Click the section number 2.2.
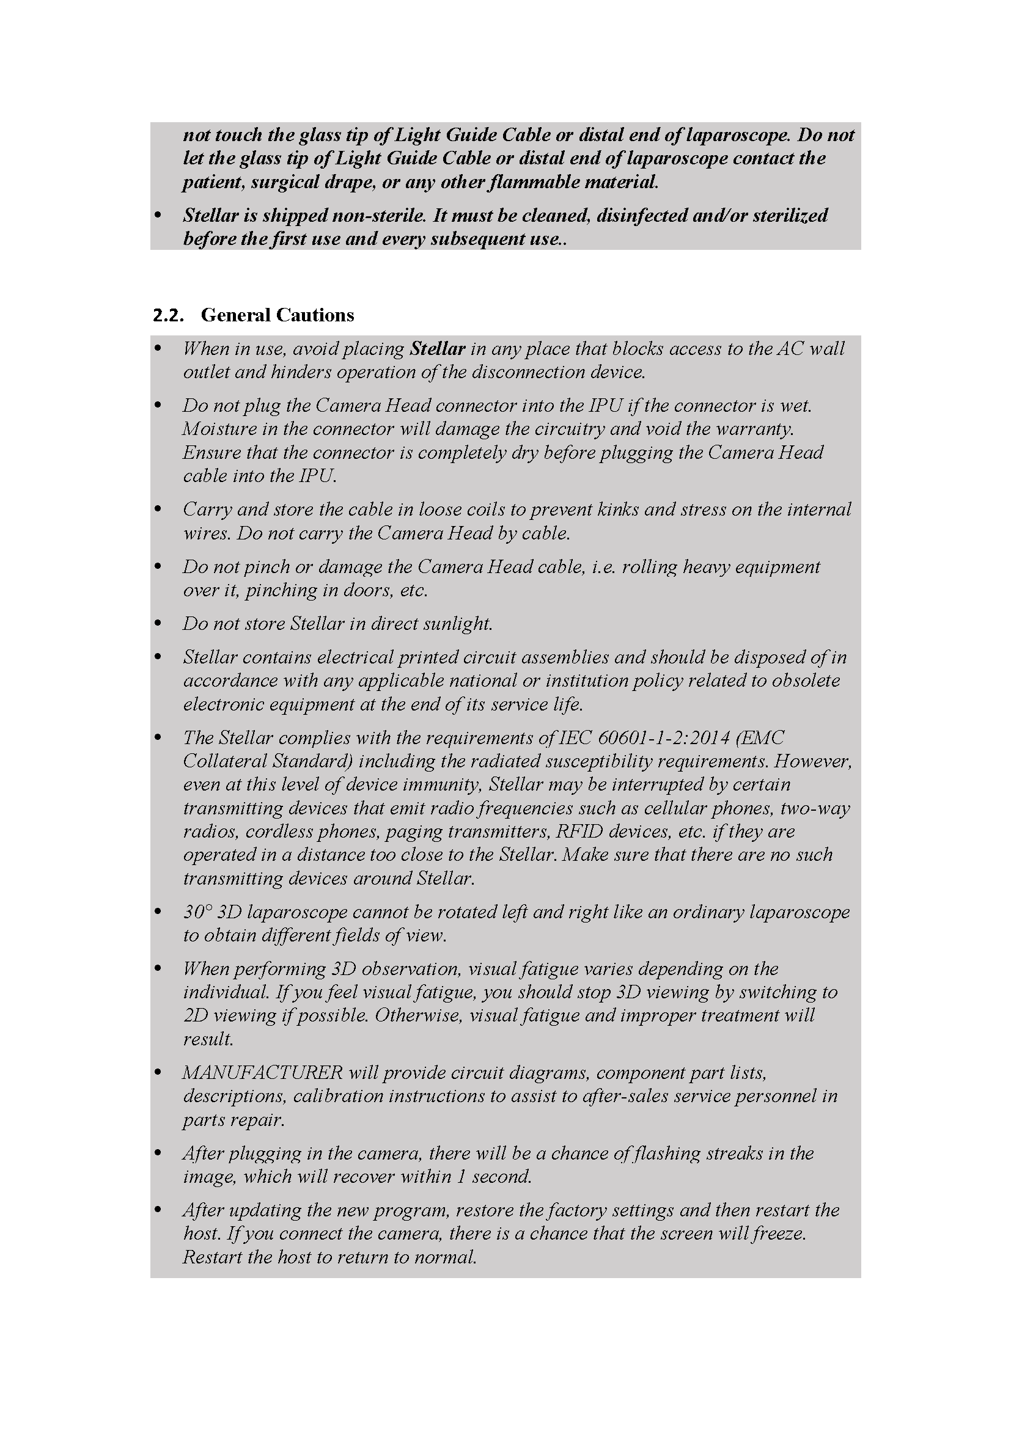tap(168, 315)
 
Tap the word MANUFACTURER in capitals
tap(262, 1072)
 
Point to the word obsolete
tap(806, 680)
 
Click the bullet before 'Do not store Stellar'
tap(158, 623)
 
